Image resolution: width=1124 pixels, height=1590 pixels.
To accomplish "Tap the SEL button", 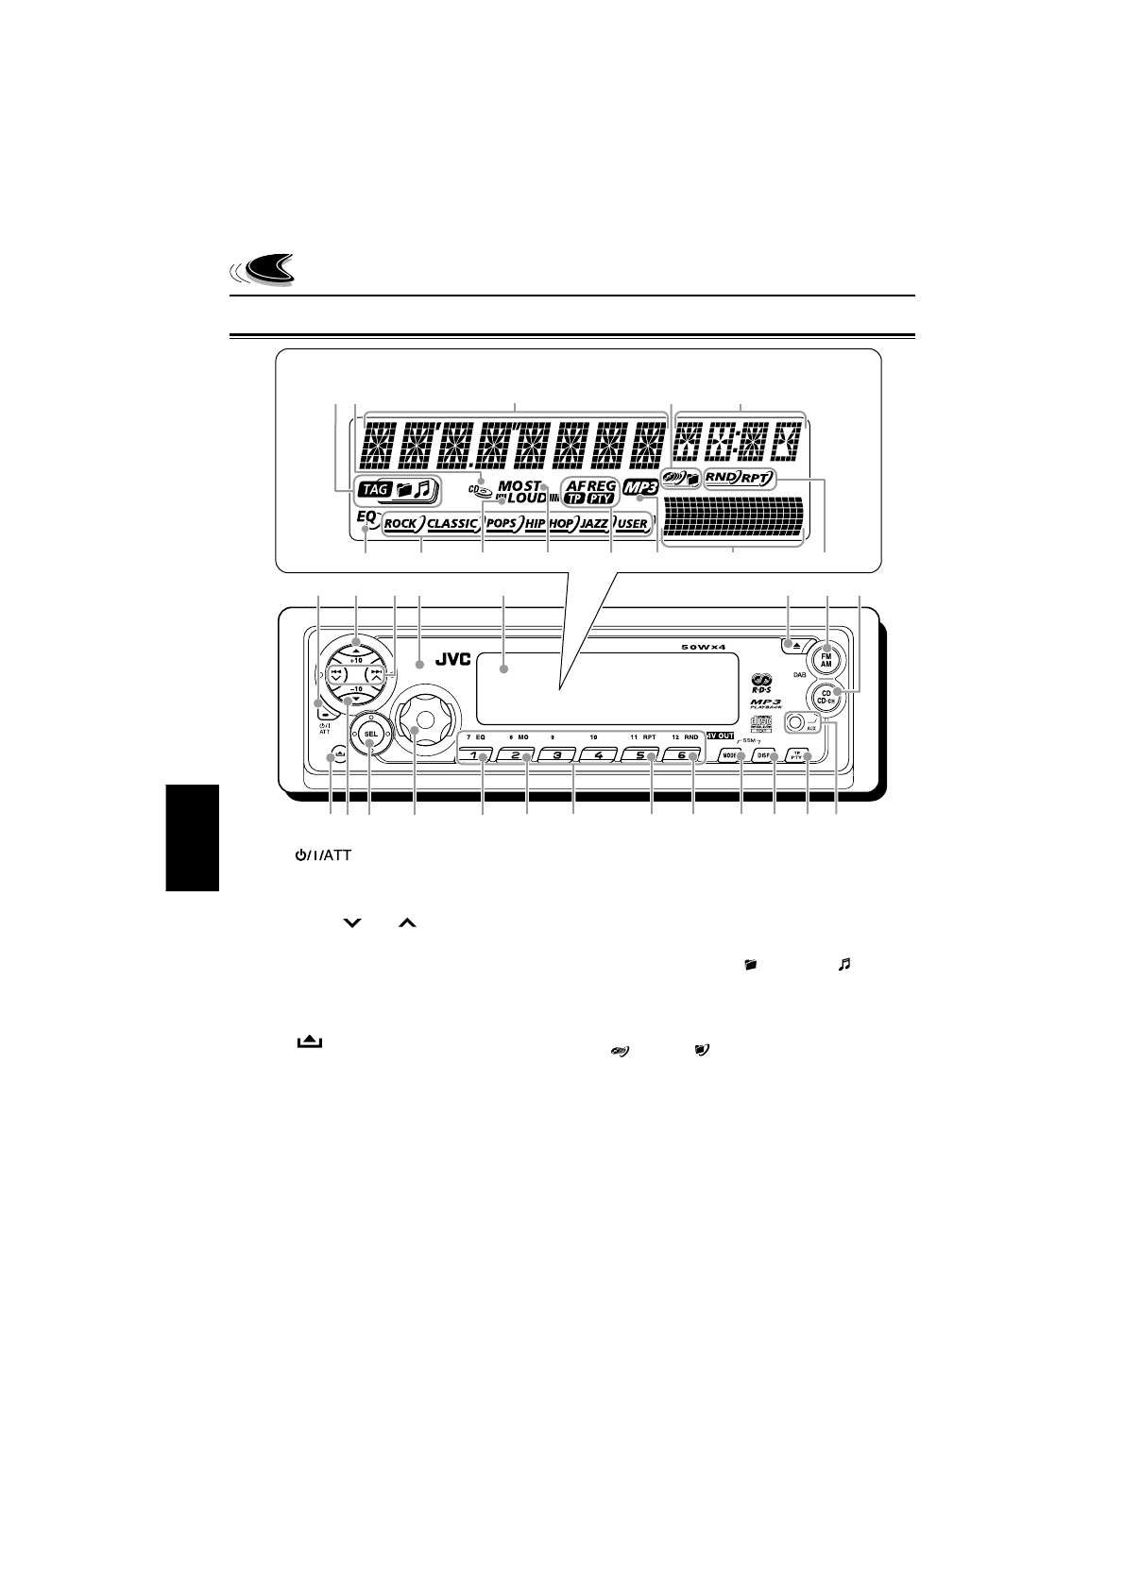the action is tap(371, 734).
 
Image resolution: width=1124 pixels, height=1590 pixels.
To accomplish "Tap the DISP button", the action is tap(764, 756).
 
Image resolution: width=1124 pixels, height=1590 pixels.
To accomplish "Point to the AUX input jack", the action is tap(795, 724).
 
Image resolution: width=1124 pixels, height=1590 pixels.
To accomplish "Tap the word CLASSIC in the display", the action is tap(452, 523).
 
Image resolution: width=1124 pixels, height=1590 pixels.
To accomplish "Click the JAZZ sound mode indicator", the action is tap(594, 523).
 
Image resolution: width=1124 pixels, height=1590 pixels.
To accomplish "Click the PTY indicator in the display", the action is tap(600, 498).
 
